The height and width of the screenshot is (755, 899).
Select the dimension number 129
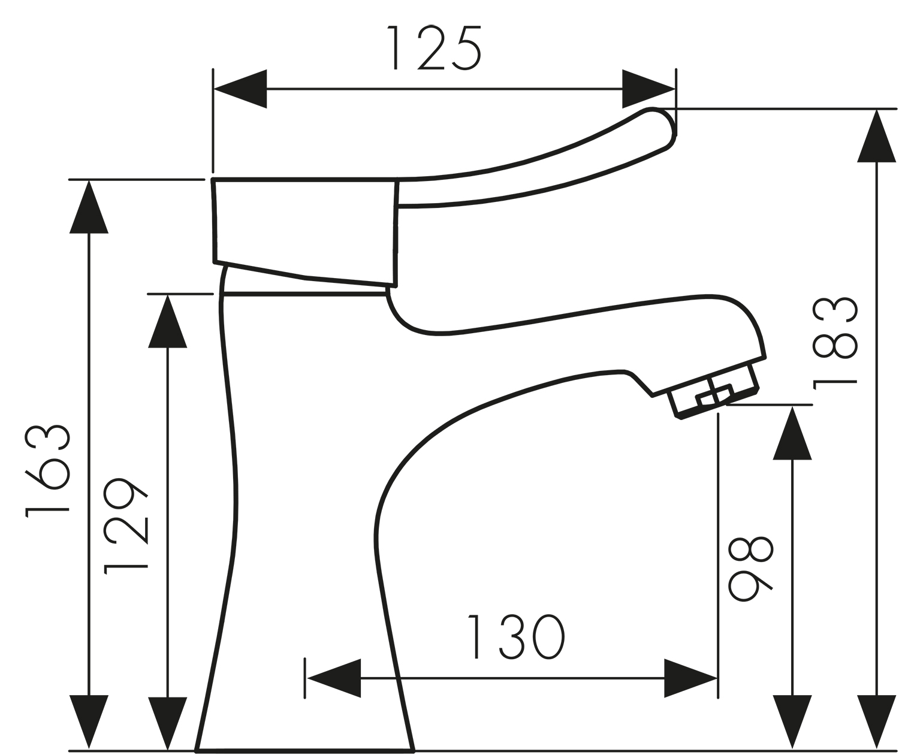126,526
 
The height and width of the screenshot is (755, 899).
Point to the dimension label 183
835,343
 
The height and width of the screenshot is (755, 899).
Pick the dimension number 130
516,636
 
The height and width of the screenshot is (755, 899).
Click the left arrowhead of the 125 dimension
240,89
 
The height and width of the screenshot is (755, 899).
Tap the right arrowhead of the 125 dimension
649,89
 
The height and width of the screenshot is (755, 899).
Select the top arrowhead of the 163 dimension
89,207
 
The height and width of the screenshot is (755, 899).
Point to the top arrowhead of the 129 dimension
167,321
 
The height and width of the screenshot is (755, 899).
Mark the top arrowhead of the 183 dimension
877,136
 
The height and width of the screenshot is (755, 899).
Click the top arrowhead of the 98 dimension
792,433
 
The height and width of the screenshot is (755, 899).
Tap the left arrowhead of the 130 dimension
334,678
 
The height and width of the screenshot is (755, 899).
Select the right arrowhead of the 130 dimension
690,678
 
